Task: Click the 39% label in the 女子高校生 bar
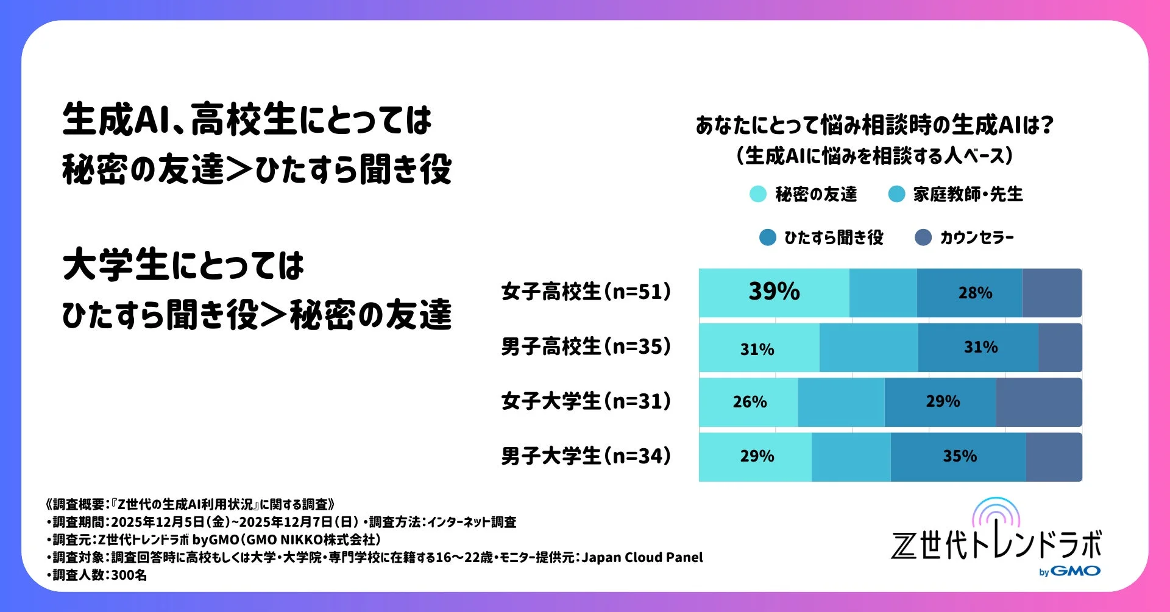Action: coord(774,292)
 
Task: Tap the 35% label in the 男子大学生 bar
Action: coord(960,456)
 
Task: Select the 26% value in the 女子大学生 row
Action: coord(750,402)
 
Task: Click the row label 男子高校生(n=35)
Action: coord(586,346)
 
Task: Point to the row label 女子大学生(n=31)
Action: coord(586,401)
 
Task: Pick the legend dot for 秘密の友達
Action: coord(757,194)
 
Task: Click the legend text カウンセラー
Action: coord(977,237)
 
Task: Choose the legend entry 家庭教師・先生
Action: coord(968,194)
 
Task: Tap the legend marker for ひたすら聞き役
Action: coord(768,237)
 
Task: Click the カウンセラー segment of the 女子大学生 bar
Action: coord(1038,402)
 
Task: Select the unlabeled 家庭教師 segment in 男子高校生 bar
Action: coord(868,348)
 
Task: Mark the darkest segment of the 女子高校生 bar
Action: coord(1052,293)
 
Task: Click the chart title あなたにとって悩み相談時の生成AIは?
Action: coord(874,125)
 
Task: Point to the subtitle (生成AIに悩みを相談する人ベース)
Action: coord(874,156)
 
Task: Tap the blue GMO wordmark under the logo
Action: coord(1076,571)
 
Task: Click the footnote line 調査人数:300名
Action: coord(97,575)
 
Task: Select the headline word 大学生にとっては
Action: coord(183,266)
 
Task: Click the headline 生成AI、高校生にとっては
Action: coord(247,119)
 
